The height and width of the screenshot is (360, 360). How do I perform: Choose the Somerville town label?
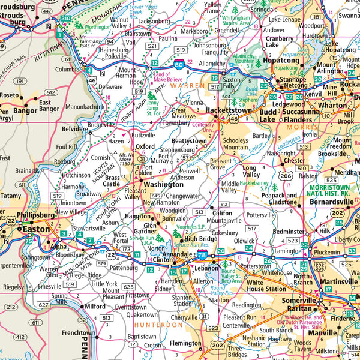click(299, 300)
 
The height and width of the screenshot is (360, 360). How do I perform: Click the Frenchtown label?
click(79, 332)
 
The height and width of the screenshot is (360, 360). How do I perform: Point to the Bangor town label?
click(25, 110)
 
